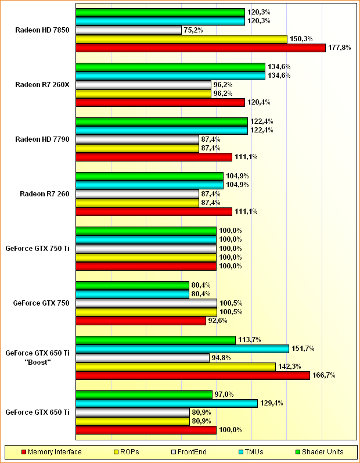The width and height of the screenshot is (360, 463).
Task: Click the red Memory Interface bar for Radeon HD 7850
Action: [x=200, y=48]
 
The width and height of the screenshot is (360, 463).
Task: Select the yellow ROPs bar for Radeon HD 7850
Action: [x=181, y=39]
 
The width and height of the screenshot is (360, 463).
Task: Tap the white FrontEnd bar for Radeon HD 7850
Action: [x=128, y=30]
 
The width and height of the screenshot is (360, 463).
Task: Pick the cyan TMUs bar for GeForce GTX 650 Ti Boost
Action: [x=182, y=349]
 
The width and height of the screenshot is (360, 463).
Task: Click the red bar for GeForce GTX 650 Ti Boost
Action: [x=193, y=375]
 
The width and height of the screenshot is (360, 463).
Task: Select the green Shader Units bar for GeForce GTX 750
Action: [x=132, y=285]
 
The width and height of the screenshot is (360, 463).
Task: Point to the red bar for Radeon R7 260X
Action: [x=160, y=102]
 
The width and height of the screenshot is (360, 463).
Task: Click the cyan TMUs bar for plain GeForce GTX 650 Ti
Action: [x=167, y=403]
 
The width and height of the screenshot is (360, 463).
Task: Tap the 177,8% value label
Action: [x=339, y=48]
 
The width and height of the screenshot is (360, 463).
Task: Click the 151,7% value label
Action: [x=303, y=349]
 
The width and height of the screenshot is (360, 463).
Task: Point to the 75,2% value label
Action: [x=193, y=30]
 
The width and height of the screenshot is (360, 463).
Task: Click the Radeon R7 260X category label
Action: [x=42, y=84]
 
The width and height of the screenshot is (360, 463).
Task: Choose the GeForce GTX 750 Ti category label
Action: [x=38, y=248]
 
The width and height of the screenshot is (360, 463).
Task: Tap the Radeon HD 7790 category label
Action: [x=42, y=139]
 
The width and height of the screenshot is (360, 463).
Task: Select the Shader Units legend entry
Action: [x=322, y=451]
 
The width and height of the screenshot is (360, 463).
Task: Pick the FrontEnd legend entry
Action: [x=189, y=451]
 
